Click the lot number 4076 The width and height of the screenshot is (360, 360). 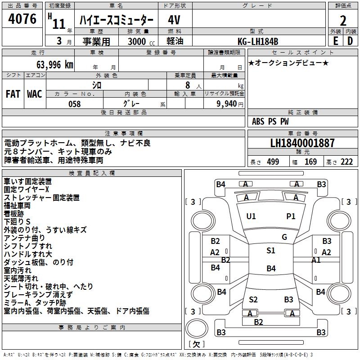[22, 18]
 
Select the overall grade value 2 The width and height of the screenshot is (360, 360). [343, 21]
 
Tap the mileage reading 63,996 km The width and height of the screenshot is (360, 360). [55, 65]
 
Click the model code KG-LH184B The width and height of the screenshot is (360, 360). [258, 41]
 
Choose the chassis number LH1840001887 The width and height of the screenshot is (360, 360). [302, 143]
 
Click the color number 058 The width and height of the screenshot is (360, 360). [75, 104]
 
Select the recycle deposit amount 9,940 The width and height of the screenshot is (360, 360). [227, 103]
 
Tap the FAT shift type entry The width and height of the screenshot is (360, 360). [13, 94]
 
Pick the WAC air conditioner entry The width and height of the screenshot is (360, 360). [35, 94]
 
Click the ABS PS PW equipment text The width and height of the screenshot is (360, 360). [270, 121]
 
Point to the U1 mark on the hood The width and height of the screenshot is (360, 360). [251, 216]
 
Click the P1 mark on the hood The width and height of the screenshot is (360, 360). [291, 216]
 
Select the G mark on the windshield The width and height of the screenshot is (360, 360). [284, 237]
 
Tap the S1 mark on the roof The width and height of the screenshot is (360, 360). [271, 251]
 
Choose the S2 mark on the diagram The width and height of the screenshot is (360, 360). [253, 300]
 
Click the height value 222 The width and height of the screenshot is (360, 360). [346, 162]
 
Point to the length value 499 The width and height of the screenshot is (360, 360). [273, 162]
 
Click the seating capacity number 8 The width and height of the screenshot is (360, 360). [188, 85]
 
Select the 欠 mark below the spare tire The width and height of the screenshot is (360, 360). [197, 344]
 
